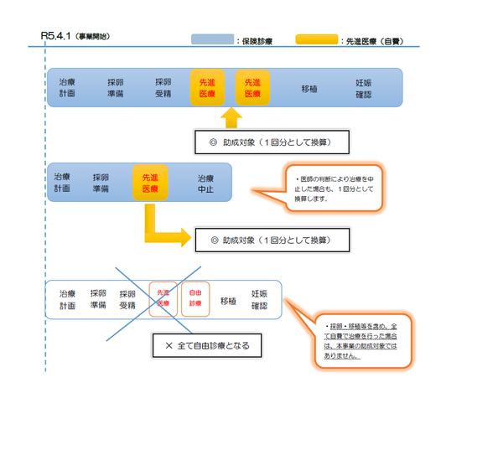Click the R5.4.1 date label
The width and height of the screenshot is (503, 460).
coord(56,37)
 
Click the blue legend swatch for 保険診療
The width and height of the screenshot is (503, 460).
coord(212,39)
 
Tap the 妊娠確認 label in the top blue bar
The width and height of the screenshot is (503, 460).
coord(364,89)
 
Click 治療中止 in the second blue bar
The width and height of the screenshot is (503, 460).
coord(205,183)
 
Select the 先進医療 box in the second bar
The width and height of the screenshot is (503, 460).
coord(150,183)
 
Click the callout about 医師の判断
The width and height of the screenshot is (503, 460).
coord(333,190)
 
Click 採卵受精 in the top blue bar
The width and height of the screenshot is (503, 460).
coord(163,89)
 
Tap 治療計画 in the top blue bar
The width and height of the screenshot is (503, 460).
coord(67,89)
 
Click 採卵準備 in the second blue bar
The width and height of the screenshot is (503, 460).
coord(101,183)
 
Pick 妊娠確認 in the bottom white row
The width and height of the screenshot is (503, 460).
coord(260,300)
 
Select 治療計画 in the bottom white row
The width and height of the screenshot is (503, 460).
coord(67,300)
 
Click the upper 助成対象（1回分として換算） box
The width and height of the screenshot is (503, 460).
coord(272,142)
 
